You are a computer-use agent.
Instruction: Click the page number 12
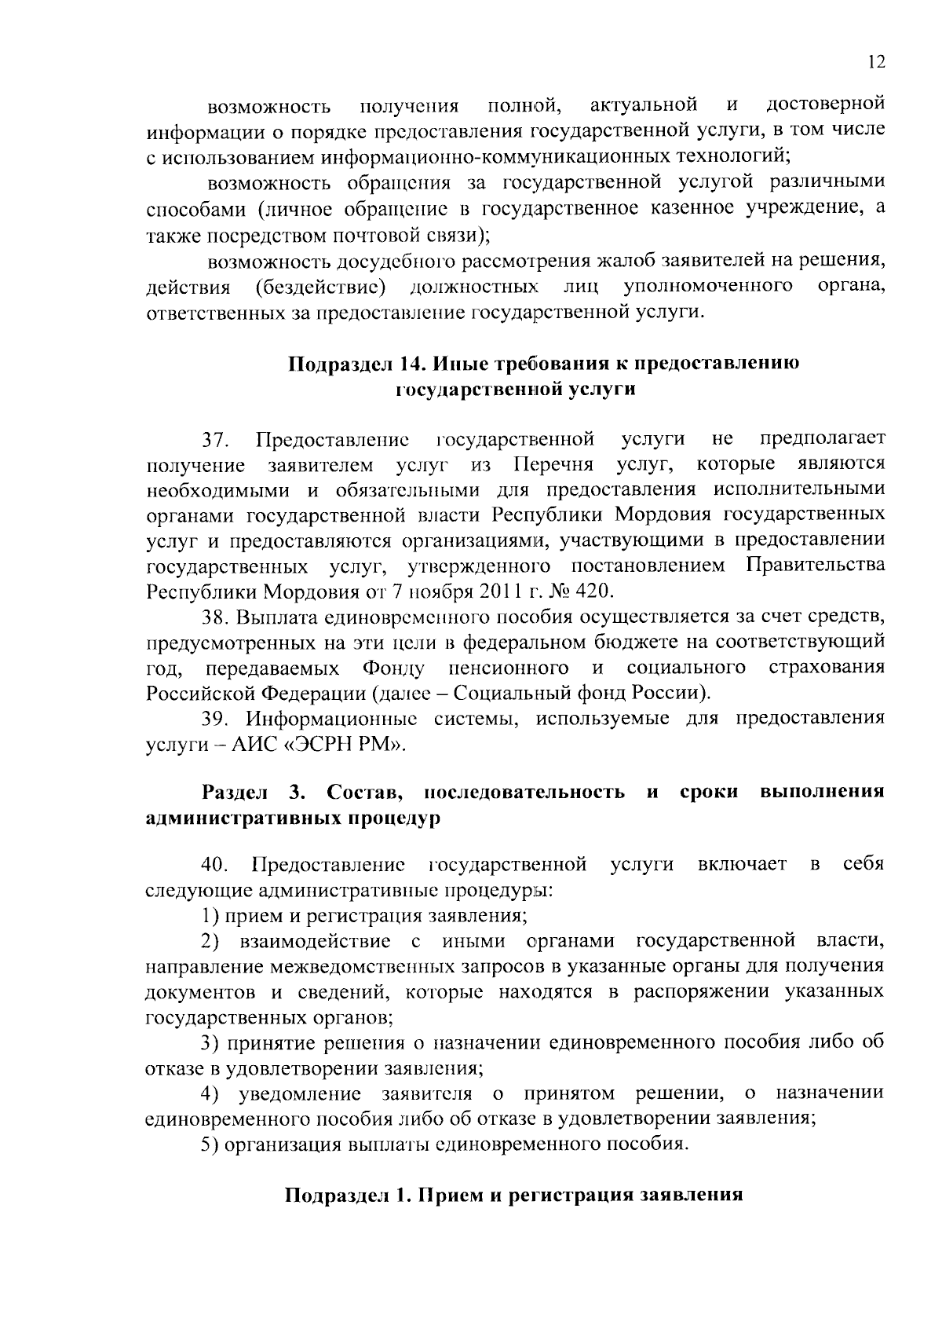(878, 63)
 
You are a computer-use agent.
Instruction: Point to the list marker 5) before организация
(209, 1144)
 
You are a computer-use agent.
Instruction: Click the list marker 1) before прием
(209, 916)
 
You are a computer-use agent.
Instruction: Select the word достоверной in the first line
(825, 104)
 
